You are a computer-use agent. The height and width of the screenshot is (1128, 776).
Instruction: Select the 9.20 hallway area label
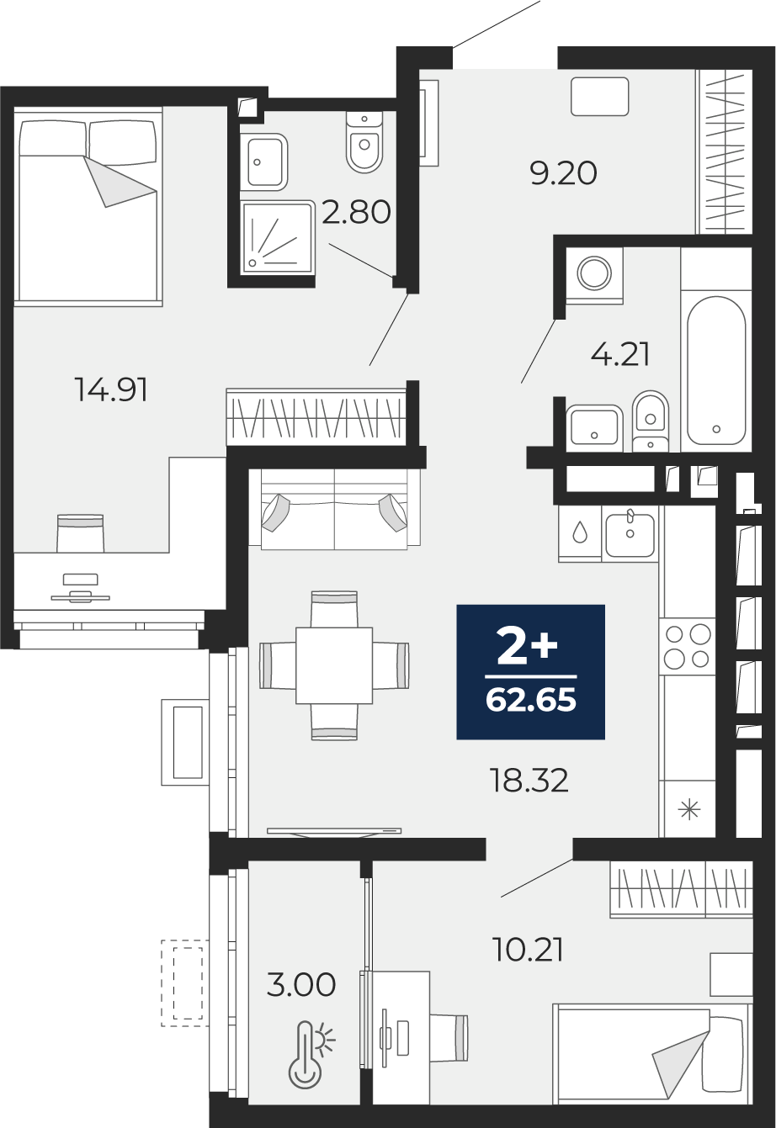pyautogui.click(x=564, y=173)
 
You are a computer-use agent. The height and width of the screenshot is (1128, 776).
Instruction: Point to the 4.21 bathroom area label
pyautogui.click(x=620, y=354)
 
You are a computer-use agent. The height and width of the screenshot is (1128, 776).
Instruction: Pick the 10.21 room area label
pyautogui.click(x=529, y=950)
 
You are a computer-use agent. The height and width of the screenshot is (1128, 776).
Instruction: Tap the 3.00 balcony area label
pyautogui.click(x=301, y=984)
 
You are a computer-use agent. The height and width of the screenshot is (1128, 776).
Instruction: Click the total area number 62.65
pyautogui.click(x=530, y=700)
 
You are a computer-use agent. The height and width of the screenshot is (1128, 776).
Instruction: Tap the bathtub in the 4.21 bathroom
pyautogui.click(x=716, y=371)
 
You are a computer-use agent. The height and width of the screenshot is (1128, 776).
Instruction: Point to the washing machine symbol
pyautogui.click(x=594, y=273)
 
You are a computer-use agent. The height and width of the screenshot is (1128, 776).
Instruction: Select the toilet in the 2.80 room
pyautogui.click(x=364, y=141)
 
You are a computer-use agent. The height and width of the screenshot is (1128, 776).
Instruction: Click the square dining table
pyautogui.click(x=334, y=665)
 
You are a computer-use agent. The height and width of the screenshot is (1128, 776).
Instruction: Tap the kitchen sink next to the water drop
pyautogui.click(x=630, y=534)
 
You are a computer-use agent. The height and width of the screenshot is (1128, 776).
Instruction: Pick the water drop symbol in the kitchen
pyautogui.click(x=581, y=532)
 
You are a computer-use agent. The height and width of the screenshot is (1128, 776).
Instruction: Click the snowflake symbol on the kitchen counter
pyautogui.click(x=688, y=810)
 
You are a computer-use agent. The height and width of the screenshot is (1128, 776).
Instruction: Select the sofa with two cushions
pyautogui.click(x=334, y=509)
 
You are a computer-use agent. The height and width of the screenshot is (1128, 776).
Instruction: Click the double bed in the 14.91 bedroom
pyautogui.click(x=88, y=205)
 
